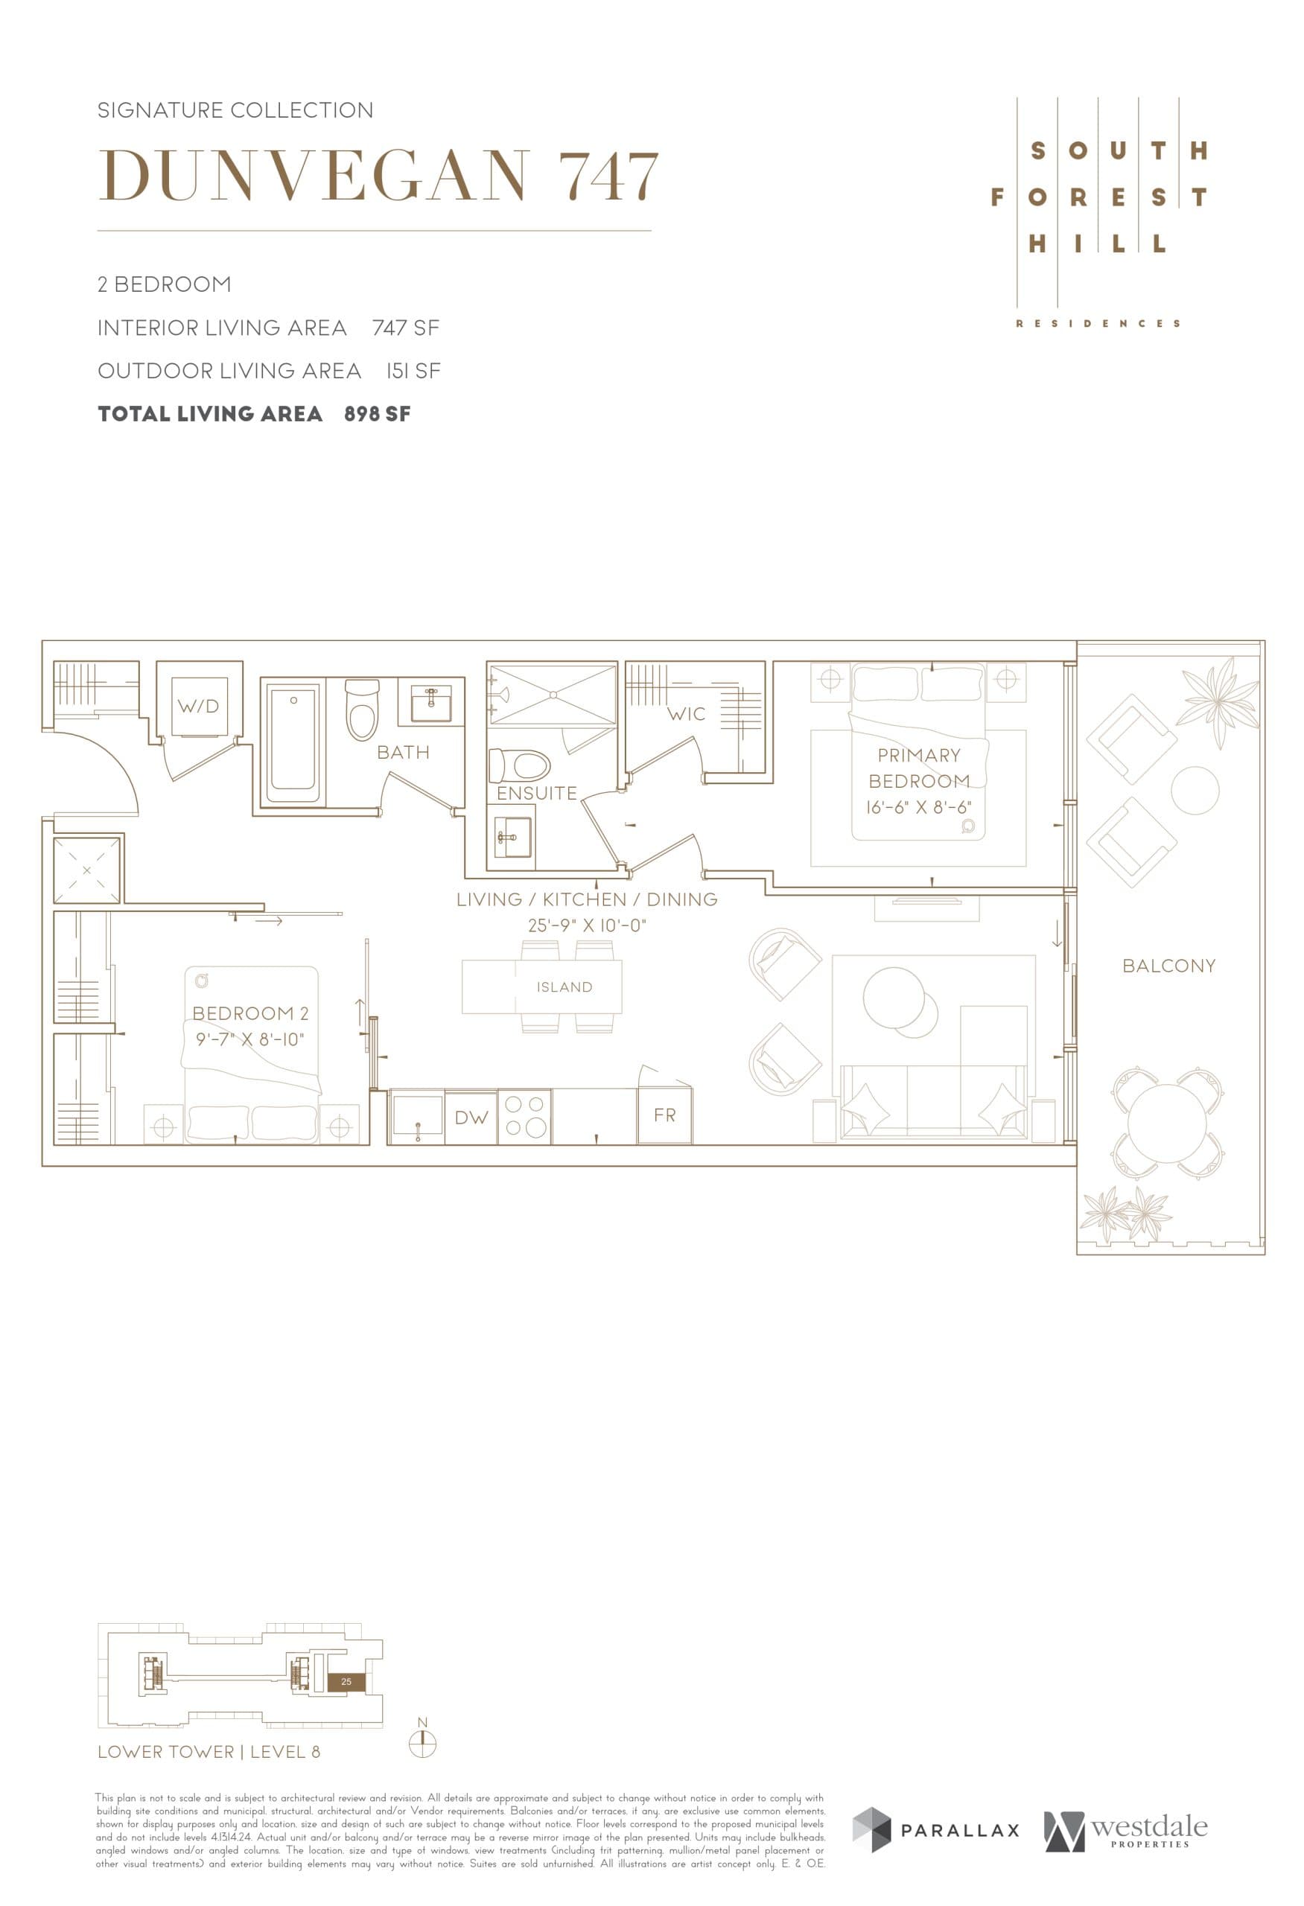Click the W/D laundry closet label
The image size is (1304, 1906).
(x=199, y=705)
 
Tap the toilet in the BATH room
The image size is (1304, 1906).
(x=362, y=710)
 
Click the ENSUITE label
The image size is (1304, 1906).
(x=536, y=793)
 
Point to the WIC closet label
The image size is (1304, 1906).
(x=686, y=713)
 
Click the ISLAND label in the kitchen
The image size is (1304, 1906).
(x=564, y=987)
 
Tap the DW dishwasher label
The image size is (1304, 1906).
(x=471, y=1117)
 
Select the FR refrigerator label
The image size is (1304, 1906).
(x=664, y=1115)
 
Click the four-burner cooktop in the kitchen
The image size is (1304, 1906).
(x=525, y=1116)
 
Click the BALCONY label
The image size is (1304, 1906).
(x=1168, y=966)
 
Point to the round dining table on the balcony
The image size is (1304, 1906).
(x=1167, y=1122)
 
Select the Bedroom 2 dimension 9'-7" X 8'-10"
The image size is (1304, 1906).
(x=249, y=1039)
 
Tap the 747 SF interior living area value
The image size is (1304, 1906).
(x=405, y=328)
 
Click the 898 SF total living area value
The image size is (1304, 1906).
(x=378, y=413)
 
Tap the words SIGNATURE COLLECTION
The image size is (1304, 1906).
(x=235, y=110)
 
